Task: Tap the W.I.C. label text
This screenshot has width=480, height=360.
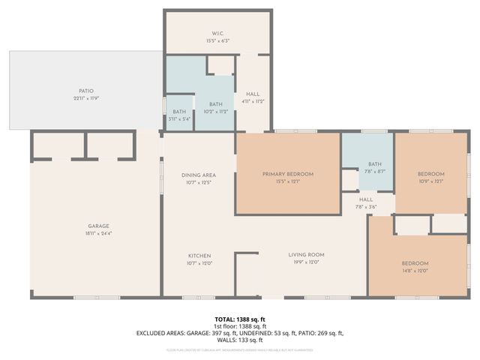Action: (217, 33)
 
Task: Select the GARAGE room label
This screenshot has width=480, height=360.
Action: (99, 226)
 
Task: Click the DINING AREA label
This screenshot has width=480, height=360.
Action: (199, 175)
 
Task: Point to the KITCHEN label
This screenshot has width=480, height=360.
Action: (199, 255)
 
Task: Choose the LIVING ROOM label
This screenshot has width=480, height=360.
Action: (306, 255)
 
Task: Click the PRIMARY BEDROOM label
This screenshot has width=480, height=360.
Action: (288, 174)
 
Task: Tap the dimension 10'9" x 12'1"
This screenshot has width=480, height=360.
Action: (430, 181)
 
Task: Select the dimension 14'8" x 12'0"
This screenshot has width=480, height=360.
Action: (415, 271)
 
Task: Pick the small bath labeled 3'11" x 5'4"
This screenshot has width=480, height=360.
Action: (178, 118)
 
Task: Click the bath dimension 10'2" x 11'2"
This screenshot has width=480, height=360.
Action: (216, 111)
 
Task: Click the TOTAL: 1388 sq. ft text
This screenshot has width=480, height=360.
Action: (239, 319)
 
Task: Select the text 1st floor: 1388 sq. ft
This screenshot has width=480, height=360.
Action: (239, 326)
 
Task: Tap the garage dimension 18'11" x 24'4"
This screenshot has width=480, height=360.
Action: (99, 232)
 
